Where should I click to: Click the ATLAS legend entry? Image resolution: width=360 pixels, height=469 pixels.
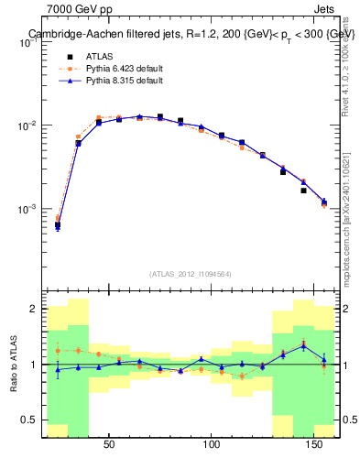[99, 56]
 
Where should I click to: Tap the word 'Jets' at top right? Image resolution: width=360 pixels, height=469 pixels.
[325, 9]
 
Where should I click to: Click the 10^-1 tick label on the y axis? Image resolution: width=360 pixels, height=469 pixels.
[27, 41]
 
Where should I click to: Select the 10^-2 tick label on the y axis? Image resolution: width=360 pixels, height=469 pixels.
[27, 125]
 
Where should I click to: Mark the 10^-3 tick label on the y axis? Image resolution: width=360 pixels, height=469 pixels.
[27, 209]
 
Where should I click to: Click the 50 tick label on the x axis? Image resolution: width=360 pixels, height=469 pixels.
[109, 445]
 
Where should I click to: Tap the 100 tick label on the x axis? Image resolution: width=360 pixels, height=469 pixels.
[213, 445]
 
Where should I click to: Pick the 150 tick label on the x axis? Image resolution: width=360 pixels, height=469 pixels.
[315, 445]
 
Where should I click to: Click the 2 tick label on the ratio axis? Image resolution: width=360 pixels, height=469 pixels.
[33, 309]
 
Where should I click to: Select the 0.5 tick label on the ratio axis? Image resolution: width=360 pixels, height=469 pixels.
[29, 420]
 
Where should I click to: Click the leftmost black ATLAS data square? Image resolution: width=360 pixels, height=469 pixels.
[58, 224]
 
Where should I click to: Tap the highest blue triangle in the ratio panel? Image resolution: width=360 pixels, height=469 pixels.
[304, 345]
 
